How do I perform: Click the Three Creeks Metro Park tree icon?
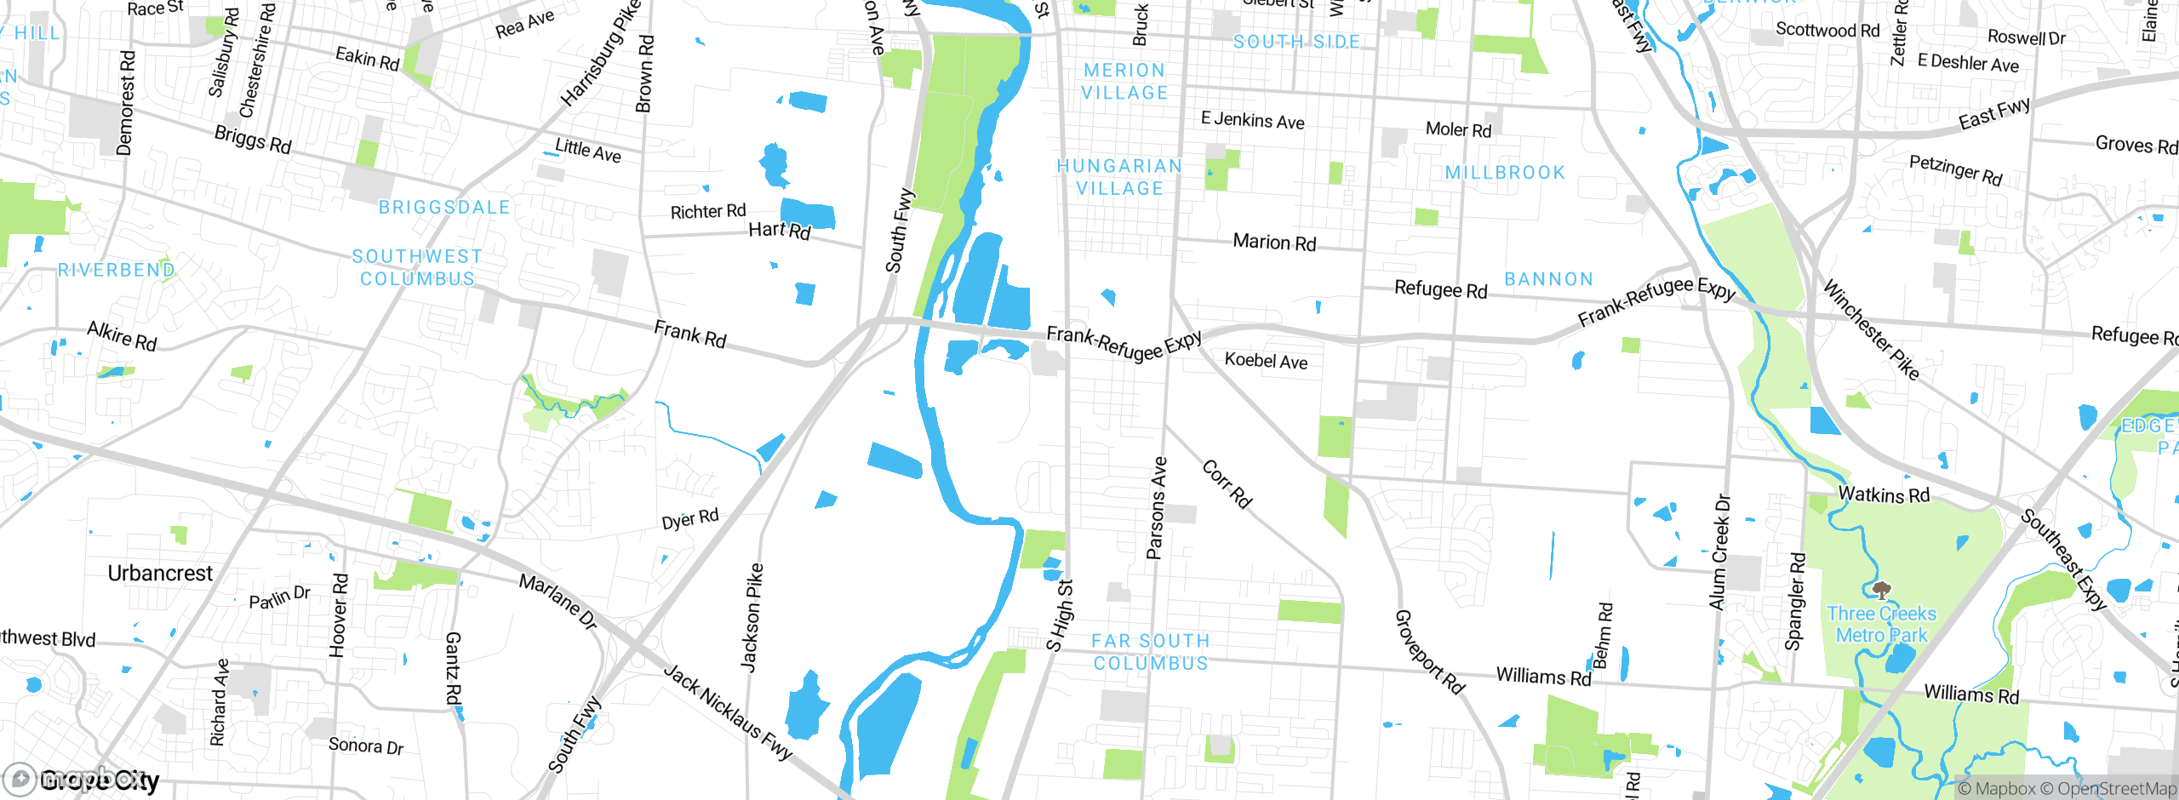pyautogui.click(x=1882, y=589)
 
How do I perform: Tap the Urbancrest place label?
pyautogui.click(x=160, y=574)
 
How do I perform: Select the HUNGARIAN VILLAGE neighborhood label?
pyautogui.click(x=1119, y=177)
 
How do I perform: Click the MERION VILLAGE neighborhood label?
pyautogui.click(x=1124, y=82)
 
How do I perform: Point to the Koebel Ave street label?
pyautogui.click(x=1266, y=361)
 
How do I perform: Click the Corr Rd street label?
pyautogui.click(x=1227, y=484)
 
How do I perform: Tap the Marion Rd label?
pyautogui.click(x=1274, y=243)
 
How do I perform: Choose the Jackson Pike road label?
pyautogui.click(x=752, y=618)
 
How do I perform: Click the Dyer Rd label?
pyautogui.click(x=690, y=519)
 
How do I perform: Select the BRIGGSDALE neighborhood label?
pyautogui.click(x=444, y=208)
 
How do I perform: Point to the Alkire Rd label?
pyautogui.click(x=122, y=336)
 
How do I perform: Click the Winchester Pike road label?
pyautogui.click(x=1871, y=330)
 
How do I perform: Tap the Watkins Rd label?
pyautogui.click(x=1884, y=494)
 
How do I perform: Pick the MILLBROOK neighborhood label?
pyautogui.click(x=1505, y=173)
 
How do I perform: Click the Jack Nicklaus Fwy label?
pyautogui.click(x=728, y=712)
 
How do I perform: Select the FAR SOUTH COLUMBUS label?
pyautogui.click(x=1150, y=652)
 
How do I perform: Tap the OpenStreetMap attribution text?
pyautogui.click(x=2115, y=789)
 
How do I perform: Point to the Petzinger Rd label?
pyautogui.click(x=1955, y=169)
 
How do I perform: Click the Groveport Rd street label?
pyautogui.click(x=1429, y=653)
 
